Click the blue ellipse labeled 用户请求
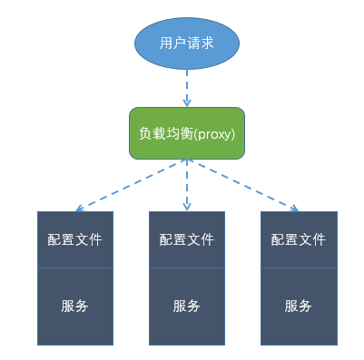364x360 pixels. [186, 43]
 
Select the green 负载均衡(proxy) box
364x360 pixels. [186, 133]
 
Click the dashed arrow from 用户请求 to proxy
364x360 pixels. [186, 87]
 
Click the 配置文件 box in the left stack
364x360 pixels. [75, 239]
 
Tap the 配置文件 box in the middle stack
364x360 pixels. [186, 239]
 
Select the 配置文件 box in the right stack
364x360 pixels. [299, 239]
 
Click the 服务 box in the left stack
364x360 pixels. [75, 306]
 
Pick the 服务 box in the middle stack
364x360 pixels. [186, 306]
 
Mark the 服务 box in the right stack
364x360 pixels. [299, 306]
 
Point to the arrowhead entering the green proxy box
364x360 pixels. [186, 102]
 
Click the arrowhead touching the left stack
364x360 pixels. [80, 209]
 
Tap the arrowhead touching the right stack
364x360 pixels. [294, 209]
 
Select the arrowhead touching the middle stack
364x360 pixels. [186, 207]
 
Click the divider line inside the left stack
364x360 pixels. [75, 268]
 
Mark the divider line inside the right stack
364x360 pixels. [299, 268]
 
